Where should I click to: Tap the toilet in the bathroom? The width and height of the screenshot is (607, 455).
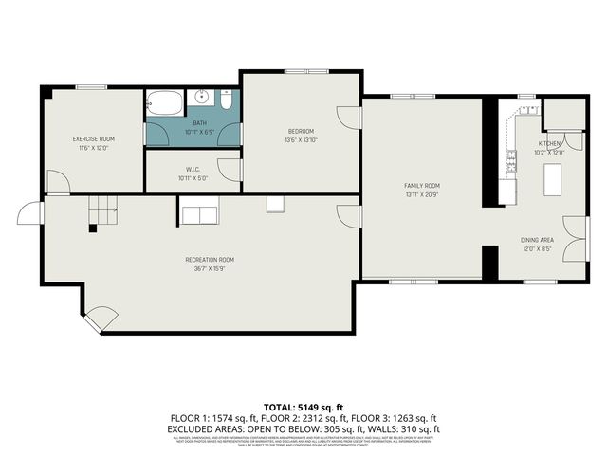(x=227, y=100)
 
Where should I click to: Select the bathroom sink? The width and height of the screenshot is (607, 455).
(x=201, y=97)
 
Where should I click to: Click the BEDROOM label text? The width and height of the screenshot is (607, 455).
(x=301, y=131)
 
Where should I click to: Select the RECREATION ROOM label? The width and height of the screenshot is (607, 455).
(x=210, y=259)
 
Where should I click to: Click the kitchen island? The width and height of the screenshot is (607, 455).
(x=551, y=178)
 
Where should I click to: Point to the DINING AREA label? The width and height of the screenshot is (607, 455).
(x=537, y=241)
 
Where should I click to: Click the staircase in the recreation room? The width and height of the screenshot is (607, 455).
(x=103, y=209)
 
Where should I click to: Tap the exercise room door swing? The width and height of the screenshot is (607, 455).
(x=58, y=183)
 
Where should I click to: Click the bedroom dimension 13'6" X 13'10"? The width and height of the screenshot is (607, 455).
(x=301, y=139)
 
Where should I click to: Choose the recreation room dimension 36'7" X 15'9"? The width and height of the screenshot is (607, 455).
(x=210, y=268)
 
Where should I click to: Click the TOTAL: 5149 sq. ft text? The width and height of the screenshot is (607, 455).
(x=303, y=406)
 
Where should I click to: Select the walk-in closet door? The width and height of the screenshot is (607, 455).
(x=228, y=169)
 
